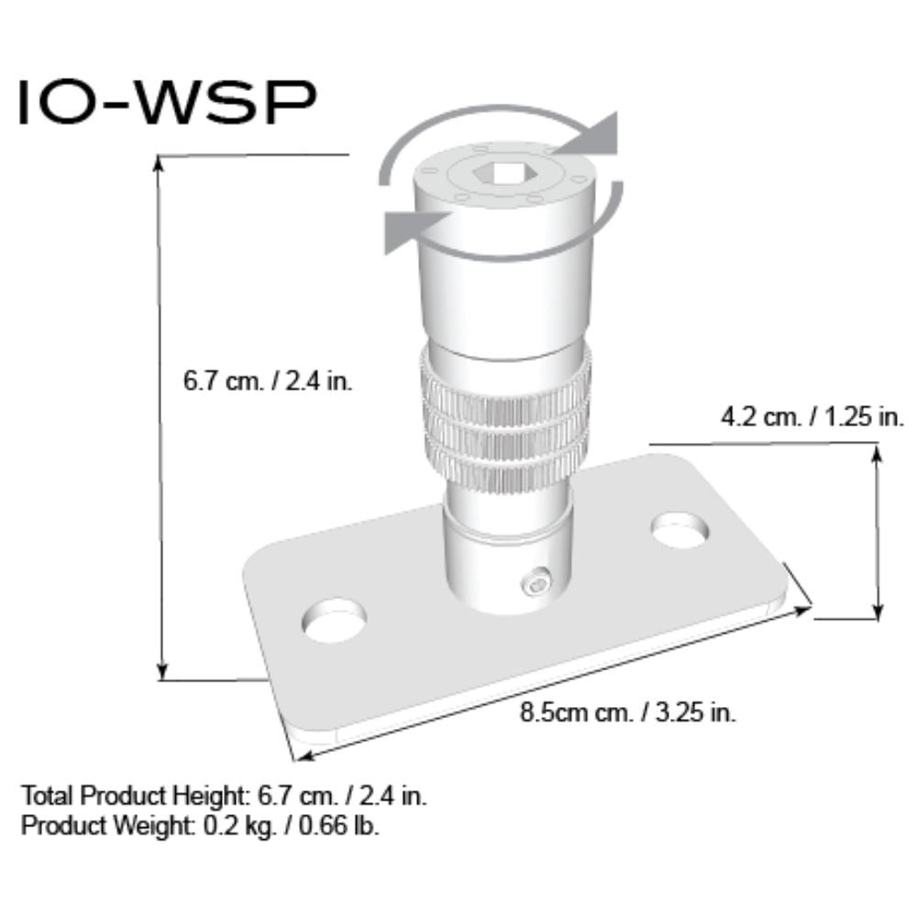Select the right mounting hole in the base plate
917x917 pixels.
[680, 530]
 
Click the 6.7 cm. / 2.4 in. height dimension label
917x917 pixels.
[268, 381]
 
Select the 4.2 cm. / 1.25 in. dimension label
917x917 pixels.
[812, 417]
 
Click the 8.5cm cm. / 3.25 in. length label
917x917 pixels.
[628, 712]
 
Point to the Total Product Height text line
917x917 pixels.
[224, 794]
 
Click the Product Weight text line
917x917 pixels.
[200, 824]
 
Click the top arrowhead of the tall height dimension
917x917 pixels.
[160, 164]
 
